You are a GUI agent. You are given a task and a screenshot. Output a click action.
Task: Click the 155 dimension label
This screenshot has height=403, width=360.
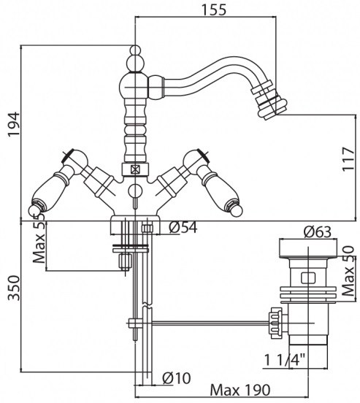coord(214,9)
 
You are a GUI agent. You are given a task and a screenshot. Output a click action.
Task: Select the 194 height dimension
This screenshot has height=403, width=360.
coord(14,124)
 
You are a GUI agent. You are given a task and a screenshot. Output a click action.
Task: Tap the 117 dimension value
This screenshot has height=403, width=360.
coord(348,159)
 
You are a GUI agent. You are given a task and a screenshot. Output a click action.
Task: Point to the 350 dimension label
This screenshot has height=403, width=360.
coord(14,288)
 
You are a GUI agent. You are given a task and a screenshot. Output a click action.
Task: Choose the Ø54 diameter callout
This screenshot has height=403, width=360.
coord(183,228)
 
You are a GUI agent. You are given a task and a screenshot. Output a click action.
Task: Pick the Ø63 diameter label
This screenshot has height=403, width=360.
coord(318,232)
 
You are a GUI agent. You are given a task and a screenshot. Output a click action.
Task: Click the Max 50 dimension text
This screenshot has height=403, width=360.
coord(349,271)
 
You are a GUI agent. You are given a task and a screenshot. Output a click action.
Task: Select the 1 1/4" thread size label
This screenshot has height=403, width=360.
coord(285,360)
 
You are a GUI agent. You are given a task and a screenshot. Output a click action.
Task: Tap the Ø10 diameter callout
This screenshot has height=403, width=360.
coord(177,378)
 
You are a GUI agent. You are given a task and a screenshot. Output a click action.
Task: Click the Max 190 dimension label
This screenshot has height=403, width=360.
coord(240,390)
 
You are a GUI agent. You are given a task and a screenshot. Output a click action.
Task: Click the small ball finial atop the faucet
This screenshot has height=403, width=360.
coord(135,50)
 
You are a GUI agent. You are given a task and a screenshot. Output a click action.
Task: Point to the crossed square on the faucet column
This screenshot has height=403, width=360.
coord(135,169)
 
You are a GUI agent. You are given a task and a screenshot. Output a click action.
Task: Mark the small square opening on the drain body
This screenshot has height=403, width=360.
coord(308,278)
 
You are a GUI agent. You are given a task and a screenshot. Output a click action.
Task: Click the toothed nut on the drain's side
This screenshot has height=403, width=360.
coord(274,323)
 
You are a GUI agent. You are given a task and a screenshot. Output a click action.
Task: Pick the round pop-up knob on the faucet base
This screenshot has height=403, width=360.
coord(135,191)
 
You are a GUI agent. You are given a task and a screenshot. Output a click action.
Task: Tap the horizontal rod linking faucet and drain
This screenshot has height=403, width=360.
coord(210,323)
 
